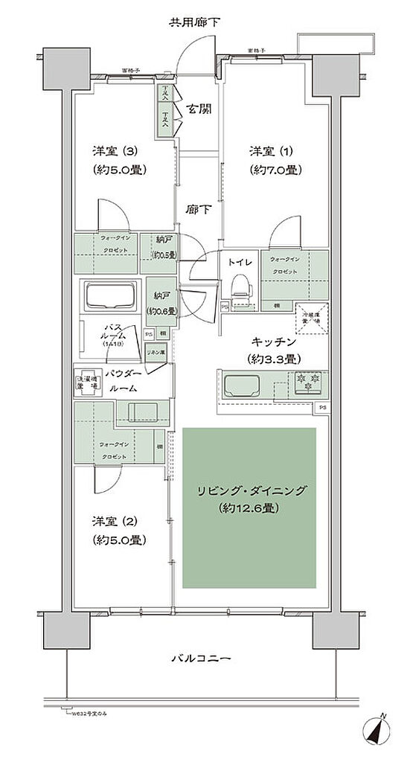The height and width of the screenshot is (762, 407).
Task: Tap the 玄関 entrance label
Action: pyautogui.click(x=198, y=110)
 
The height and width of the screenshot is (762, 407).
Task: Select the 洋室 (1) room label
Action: pyautogui.click(x=273, y=159)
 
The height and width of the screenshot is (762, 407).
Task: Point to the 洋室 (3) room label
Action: pyautogui.click(x=117, y=159)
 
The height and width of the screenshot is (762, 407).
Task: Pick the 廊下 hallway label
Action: pyautogui.click(x=197, y=210)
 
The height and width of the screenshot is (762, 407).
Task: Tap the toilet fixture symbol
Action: pyautogui.click(x=240, y=286)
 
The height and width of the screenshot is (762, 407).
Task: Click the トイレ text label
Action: pyautogui.click(x=239, y=262)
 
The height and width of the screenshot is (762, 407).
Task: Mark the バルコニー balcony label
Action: pyautogui.click(x=202, y=659)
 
